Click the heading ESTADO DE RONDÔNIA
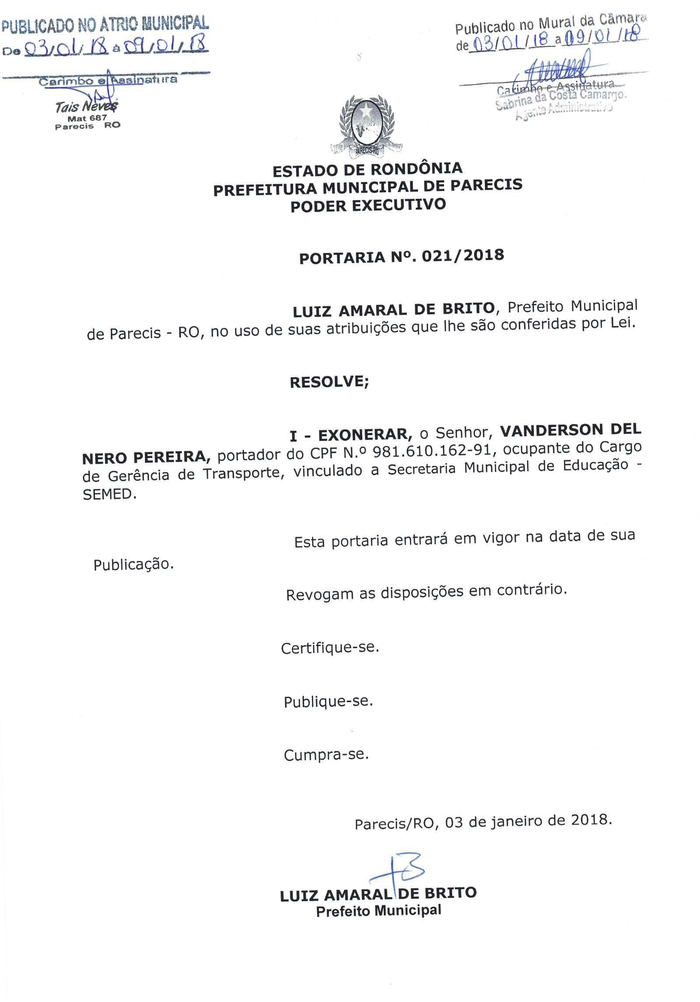point(367,169)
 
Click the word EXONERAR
point(365,434)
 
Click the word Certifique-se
point(329,648)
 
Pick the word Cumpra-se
point(326,755)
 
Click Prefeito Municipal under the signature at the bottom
point(378,911)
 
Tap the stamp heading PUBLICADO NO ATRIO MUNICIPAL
point(105,24)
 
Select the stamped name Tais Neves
point(86,106)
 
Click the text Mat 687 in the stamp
point(87,118)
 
